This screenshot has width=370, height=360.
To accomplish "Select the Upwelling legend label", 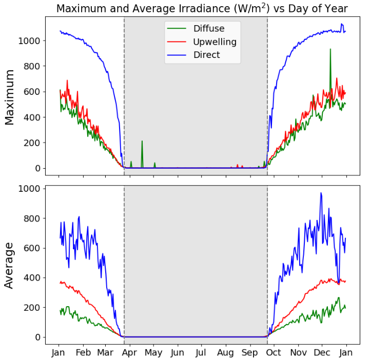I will click(x=215, y=42).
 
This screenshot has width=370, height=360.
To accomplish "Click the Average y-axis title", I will click(x=9, y=265).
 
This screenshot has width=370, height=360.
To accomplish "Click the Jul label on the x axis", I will click(x=201, y=353).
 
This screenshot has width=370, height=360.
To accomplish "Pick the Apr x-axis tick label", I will click(x=130, y=353).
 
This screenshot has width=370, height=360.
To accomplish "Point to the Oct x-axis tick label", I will click(x=274, y=353).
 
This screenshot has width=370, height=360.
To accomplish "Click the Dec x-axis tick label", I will click(x=322, y=353).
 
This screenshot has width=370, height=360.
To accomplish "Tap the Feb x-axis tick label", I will click(x=83, y=353).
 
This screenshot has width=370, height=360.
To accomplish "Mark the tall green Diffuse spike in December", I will click(x=330, y=50).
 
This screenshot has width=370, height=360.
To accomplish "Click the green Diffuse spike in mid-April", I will click(x=142, y=142).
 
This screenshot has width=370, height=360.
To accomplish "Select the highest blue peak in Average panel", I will click(x=321, y=194).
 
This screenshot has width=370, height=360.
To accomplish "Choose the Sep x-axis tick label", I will click(x=250, y=353).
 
